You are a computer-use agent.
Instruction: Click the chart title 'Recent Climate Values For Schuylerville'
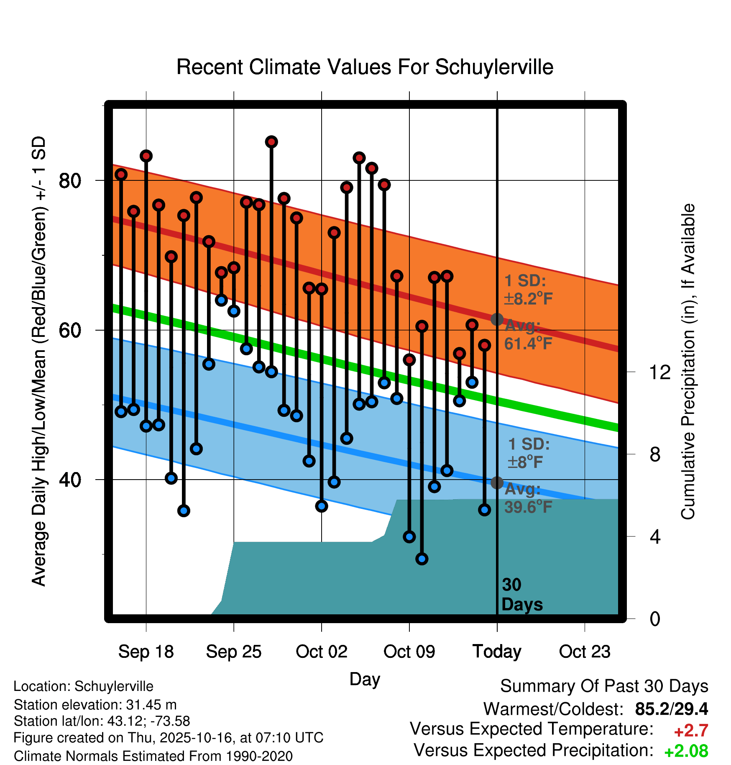tap(365, 67)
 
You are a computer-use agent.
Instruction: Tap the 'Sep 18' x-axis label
tap(146, 652)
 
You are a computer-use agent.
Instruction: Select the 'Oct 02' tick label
tap(321, 652)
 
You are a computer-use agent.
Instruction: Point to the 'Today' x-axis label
tap(497, 652)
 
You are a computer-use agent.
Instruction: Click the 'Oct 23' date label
tap(585, 652)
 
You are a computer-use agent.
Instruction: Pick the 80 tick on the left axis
tap(70, 181)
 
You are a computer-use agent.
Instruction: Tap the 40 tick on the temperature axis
tap(70, 480)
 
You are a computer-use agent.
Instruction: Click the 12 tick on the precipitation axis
tap(659, 372)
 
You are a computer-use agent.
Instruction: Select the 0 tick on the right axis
tap(655, 619)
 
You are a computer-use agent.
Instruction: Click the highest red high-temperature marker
tap(271, 142)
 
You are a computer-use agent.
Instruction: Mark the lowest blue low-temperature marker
tap(422, 559)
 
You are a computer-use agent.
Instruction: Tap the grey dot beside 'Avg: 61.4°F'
tap(497, 319)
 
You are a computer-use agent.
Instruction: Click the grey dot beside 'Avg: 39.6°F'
tap(497, 483)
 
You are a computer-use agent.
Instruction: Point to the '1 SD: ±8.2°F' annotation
tap(528, 290)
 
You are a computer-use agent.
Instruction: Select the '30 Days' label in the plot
tap(521, 595)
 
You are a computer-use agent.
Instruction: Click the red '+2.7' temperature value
tap(691, 731)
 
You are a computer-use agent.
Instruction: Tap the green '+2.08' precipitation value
tap(686, 752)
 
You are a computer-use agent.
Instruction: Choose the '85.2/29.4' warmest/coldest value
tap(671, 709)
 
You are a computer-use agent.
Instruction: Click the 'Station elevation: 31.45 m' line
tap(95, 705)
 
